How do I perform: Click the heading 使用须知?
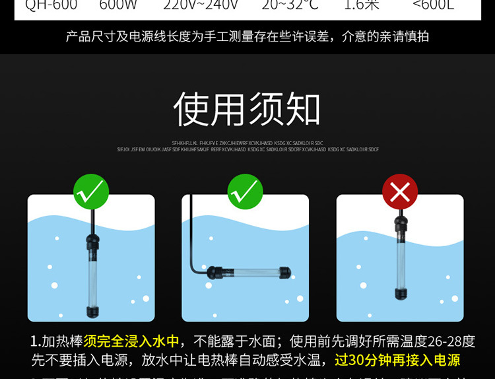coord(247,110)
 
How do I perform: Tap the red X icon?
coord(400,192)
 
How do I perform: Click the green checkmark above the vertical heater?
coord(91,192)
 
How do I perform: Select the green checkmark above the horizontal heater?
coord(245,192)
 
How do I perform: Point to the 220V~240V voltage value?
coord(201,6)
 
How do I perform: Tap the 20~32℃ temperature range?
coord(290,6)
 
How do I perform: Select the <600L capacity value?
coord(433,6)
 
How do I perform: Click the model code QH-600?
coord(51,6)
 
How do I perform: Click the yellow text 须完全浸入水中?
coord(131,341)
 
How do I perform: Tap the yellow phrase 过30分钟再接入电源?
coord(397,360)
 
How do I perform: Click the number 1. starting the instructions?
coord(36,341)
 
